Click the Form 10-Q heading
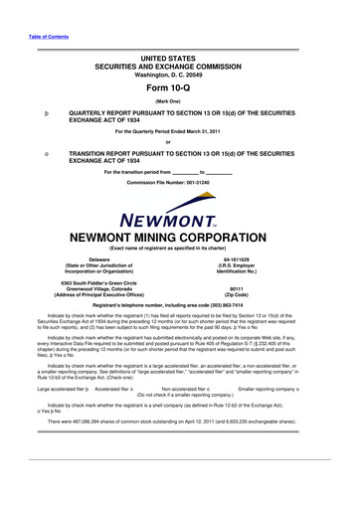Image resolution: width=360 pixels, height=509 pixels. pos(179,84)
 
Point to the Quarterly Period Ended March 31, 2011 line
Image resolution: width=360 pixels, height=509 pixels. pos(179,131)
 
